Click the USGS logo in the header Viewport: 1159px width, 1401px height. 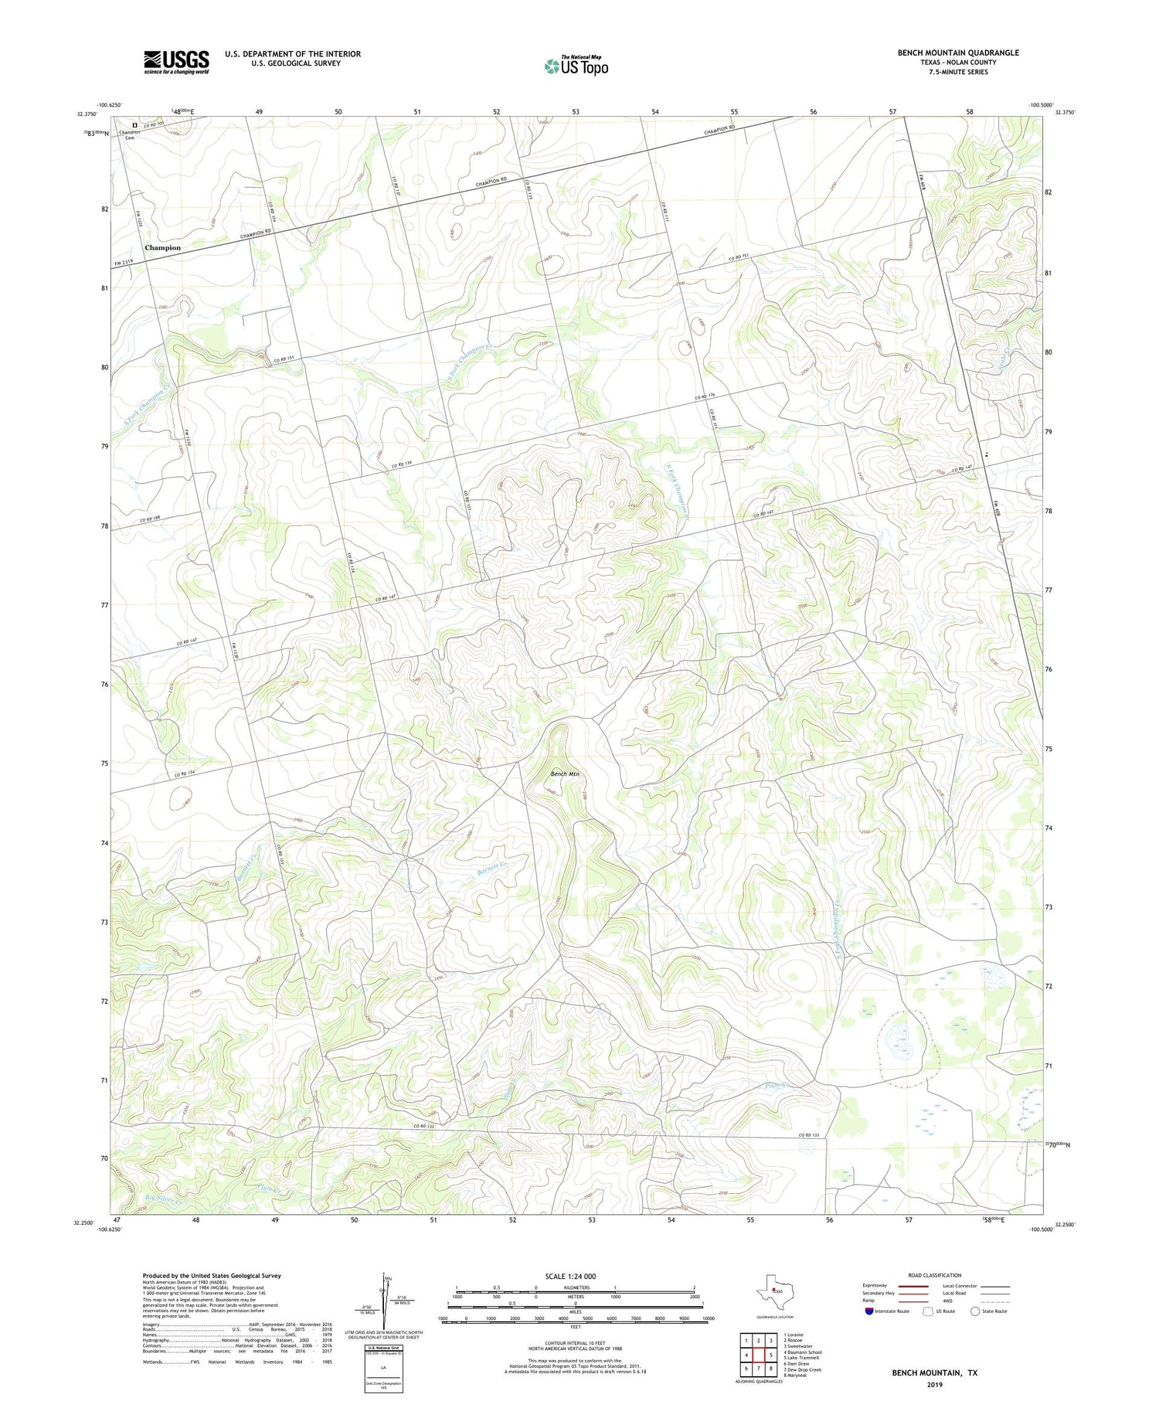(176, 62)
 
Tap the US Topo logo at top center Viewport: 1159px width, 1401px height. (576, 66)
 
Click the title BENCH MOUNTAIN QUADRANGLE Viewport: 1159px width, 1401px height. (957, 53)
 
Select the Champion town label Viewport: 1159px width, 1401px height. (162, 248)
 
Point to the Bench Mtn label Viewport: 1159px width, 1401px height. (565, 774)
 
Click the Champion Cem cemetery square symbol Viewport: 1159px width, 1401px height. (134, 124)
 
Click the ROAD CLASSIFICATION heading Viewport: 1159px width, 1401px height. (935, 1275)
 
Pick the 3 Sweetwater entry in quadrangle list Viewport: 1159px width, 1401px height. (800, 1345)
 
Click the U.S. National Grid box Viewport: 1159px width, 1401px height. (383, 1369)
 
